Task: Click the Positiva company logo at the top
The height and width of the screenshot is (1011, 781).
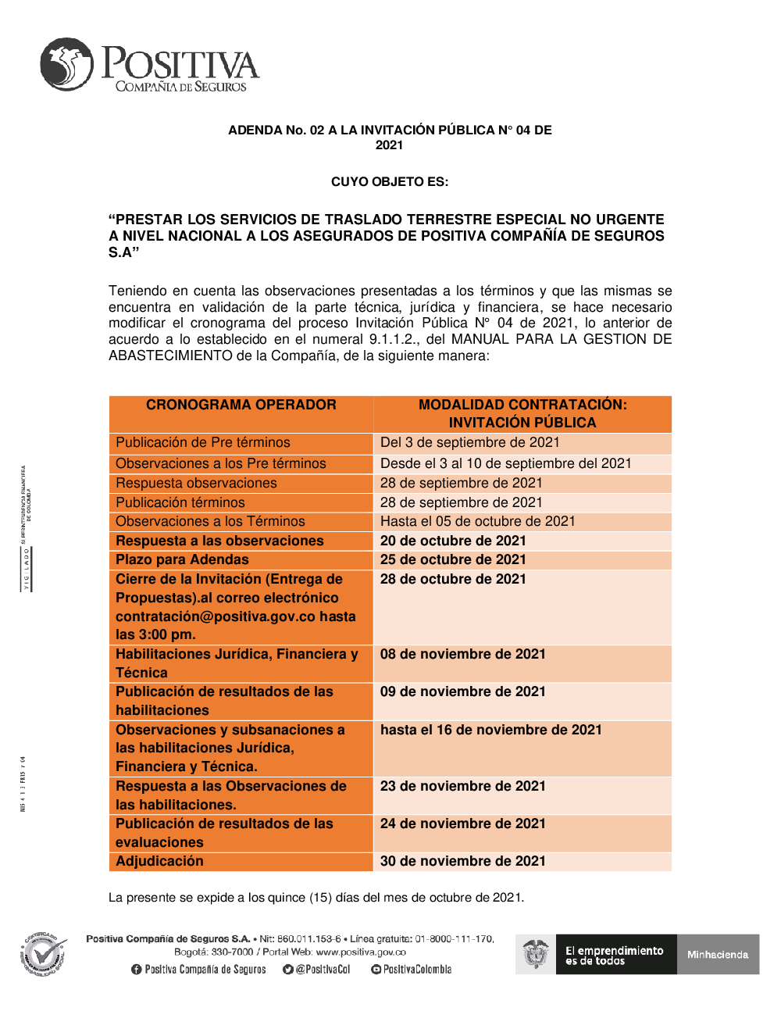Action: tap(148, 66)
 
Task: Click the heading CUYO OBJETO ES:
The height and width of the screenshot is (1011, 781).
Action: tap(390, 182)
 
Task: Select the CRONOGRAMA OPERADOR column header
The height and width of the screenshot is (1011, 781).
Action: tap(241, 405)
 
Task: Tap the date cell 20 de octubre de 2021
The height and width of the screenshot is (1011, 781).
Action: tap(453, 541)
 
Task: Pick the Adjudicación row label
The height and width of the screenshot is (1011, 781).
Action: tap(159, 861)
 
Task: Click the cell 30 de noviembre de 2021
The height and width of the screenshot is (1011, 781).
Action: tap(462, 861)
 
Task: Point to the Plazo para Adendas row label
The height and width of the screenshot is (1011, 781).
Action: tap(182, 559)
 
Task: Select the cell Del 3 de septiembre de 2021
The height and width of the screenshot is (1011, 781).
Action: tap(469, 442)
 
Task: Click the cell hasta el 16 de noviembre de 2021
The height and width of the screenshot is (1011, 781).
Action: tap(490, 730)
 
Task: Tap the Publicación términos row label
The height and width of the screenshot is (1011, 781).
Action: tap(180, 502)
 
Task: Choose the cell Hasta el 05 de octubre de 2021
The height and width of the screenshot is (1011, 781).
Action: tap(477, 521)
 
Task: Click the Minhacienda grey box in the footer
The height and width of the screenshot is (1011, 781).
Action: tap(718, 955)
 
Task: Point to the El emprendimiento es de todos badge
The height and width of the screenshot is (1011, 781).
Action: tap(615, 955)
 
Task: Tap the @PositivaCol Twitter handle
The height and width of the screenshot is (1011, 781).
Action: tap(317, 970)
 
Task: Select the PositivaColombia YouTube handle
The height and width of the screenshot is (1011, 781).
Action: tap(412, 970)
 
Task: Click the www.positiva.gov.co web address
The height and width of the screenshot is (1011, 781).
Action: tap(361, 952)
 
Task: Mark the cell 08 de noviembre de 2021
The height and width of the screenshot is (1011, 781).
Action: tap(462, 654)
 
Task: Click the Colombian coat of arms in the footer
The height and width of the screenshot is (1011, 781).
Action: tap(536, 954)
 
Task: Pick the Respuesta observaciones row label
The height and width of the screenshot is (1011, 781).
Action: tap(196, 483)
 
